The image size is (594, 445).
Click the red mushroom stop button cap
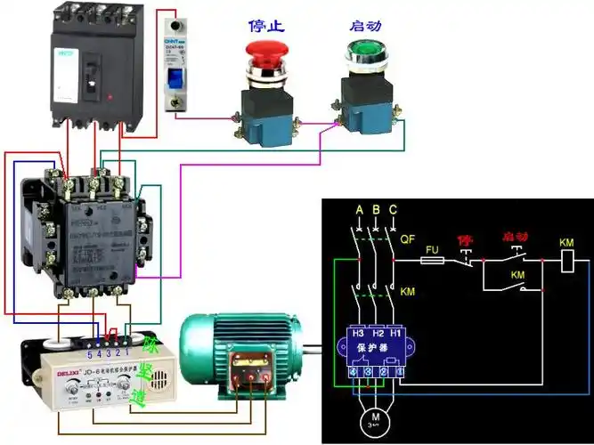[x=266, y=50]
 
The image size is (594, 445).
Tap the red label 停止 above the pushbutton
[x=264, y=25]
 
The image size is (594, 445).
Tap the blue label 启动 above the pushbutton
[x=365, y=25]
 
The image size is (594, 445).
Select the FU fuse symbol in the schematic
[x=432, y=260]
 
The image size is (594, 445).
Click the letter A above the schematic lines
[x=358, y=210]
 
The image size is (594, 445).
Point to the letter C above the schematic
[x=393, y=210]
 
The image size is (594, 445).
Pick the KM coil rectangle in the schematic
[x=566, y=260]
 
